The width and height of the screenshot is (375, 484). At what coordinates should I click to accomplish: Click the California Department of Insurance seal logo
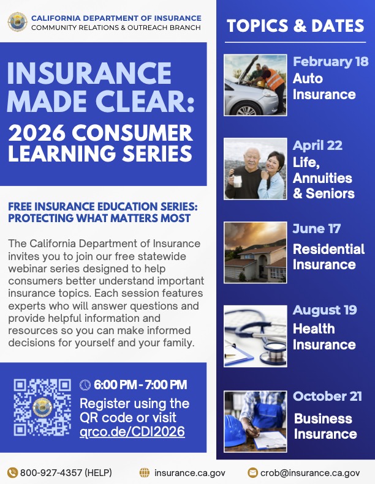click(x=17, y=22)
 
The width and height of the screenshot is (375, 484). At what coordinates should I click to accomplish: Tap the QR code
click(x=43, y=408)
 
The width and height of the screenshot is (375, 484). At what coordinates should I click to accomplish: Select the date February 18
click(x=330, y=62)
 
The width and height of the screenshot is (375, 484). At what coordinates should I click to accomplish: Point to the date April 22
click(x=317, y=146)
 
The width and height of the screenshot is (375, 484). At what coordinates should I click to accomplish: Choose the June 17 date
click(x=317, y=229)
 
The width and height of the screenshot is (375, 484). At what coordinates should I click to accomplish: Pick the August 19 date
click(x=324, y=310)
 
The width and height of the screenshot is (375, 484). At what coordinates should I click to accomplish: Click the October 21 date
click(x=327, y=396)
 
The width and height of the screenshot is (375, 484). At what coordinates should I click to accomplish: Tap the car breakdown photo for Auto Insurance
click(x=254, y=85)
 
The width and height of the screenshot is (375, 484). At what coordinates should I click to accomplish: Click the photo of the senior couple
click(x=254, y=169)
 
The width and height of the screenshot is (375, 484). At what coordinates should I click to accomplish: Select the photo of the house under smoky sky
click(x=254, y=252)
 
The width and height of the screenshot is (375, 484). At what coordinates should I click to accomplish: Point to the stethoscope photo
click(x=254, y=336)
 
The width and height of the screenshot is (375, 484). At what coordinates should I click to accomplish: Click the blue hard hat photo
click(x=254, y=421)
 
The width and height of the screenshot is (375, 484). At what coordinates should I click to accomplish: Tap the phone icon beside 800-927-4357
click(x=12, y=472)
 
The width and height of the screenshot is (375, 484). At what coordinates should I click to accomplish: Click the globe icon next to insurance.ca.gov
click(x=145, y=472)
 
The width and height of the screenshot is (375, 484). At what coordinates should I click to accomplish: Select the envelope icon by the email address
click(x=252, y=472)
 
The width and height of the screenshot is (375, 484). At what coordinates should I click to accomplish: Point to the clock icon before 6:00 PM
click(x=85, y=385)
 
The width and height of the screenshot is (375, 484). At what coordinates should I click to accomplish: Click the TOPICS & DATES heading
click(x=295, y=26)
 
